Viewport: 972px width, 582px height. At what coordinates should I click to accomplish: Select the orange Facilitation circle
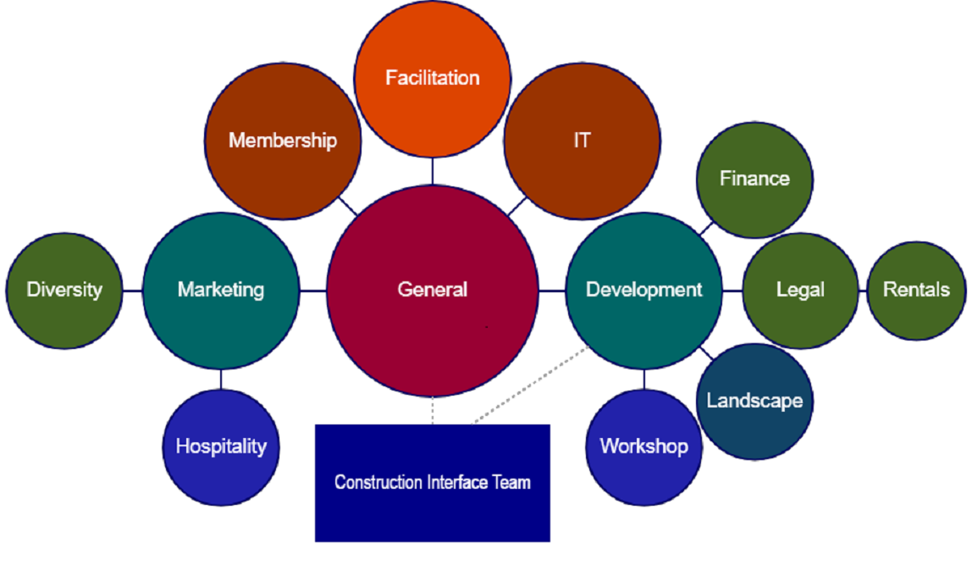click(432, 79)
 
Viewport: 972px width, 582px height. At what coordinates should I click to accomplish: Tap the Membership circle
click(283, 141)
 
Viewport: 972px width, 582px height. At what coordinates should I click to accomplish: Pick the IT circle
click(582, 141)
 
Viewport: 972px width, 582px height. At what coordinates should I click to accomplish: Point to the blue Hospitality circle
click(221, 446)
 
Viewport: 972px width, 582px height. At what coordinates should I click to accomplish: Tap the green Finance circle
click(754, 179)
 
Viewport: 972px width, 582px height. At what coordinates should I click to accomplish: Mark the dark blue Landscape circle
click(754, 401)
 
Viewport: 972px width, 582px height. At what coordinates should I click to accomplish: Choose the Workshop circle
click(643, 446)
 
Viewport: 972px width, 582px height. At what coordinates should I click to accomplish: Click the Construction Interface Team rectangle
click(432, 483)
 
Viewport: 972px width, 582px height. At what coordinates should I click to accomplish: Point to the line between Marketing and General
click(313, 291)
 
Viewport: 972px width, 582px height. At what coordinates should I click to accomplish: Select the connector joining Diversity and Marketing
click(132, 291)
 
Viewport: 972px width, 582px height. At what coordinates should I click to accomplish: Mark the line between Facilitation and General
click(432, 171)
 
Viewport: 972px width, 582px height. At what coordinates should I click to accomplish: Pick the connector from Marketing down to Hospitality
click(221, 379)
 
